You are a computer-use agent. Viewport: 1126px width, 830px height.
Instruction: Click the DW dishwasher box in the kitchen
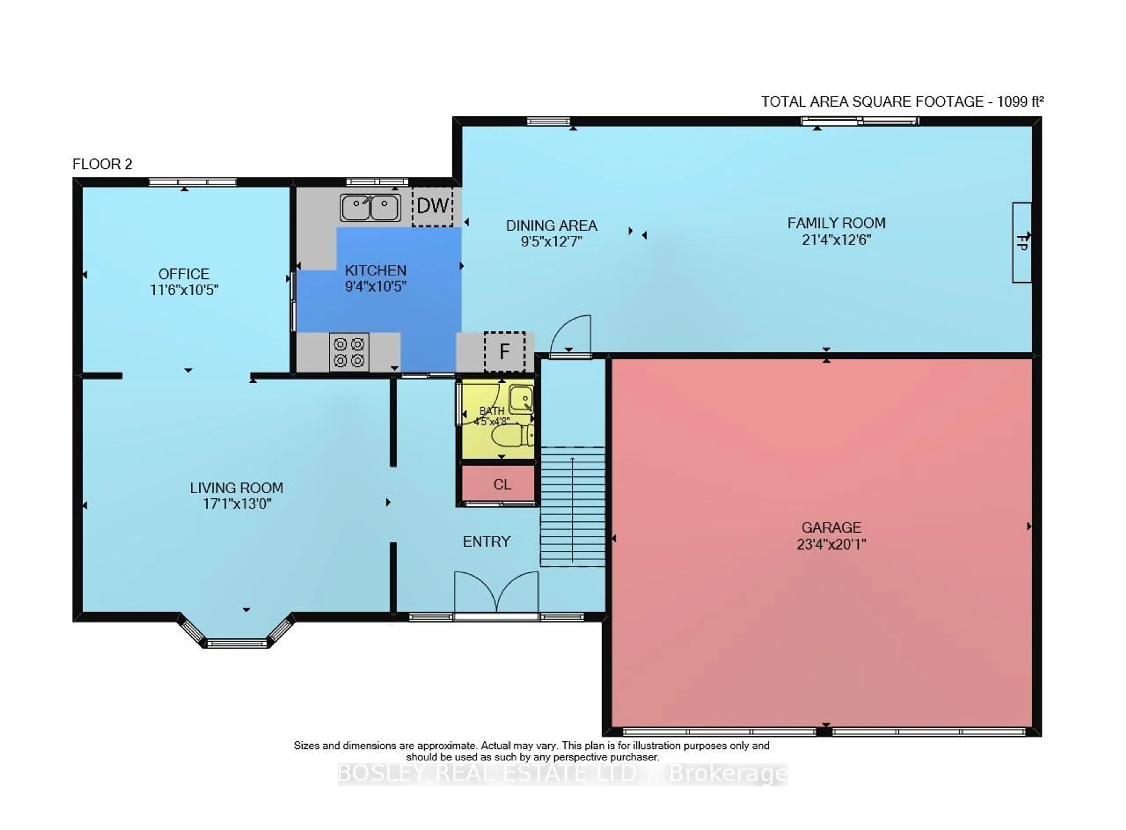pyautogui.click(x=432, y=207)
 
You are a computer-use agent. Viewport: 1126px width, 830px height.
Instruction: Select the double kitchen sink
pyautogui.click(x=370, y=207)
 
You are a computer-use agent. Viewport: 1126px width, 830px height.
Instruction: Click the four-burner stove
pyautogui.click(x=349, y=352)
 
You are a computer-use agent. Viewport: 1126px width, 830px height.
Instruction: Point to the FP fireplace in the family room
pyautogui.click(x=1021, y=243)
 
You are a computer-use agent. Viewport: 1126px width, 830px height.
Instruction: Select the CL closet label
pyautogui.click(x=502, y=484)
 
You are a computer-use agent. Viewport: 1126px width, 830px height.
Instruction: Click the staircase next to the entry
pyautogui.click(x=572, y=506)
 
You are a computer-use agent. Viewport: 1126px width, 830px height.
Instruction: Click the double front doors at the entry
pyautogui.click(x=496, y=593)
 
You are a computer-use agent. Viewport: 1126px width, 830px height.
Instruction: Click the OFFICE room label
pyautogui.click(x=184, y=274)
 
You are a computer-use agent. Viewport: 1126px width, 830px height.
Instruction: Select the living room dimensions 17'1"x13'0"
pyautogui.click(x=236, y=503)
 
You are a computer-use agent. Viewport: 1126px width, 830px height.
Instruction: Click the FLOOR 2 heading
pyautogui.click(x=102, y=164)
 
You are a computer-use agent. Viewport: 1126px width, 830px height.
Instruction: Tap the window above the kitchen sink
pyautogui.click(x=377, y=182)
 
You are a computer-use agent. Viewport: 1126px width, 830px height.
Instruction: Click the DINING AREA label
pyautogui.click(x=551, y=226)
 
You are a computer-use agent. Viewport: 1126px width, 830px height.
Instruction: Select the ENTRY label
pyautogui.click(x=486, y=542)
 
